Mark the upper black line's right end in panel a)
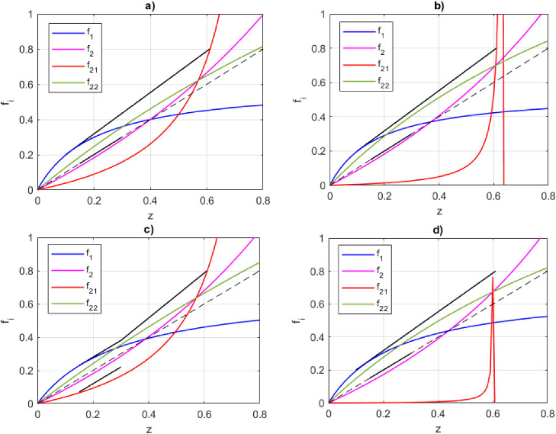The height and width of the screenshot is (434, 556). (209, 49)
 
